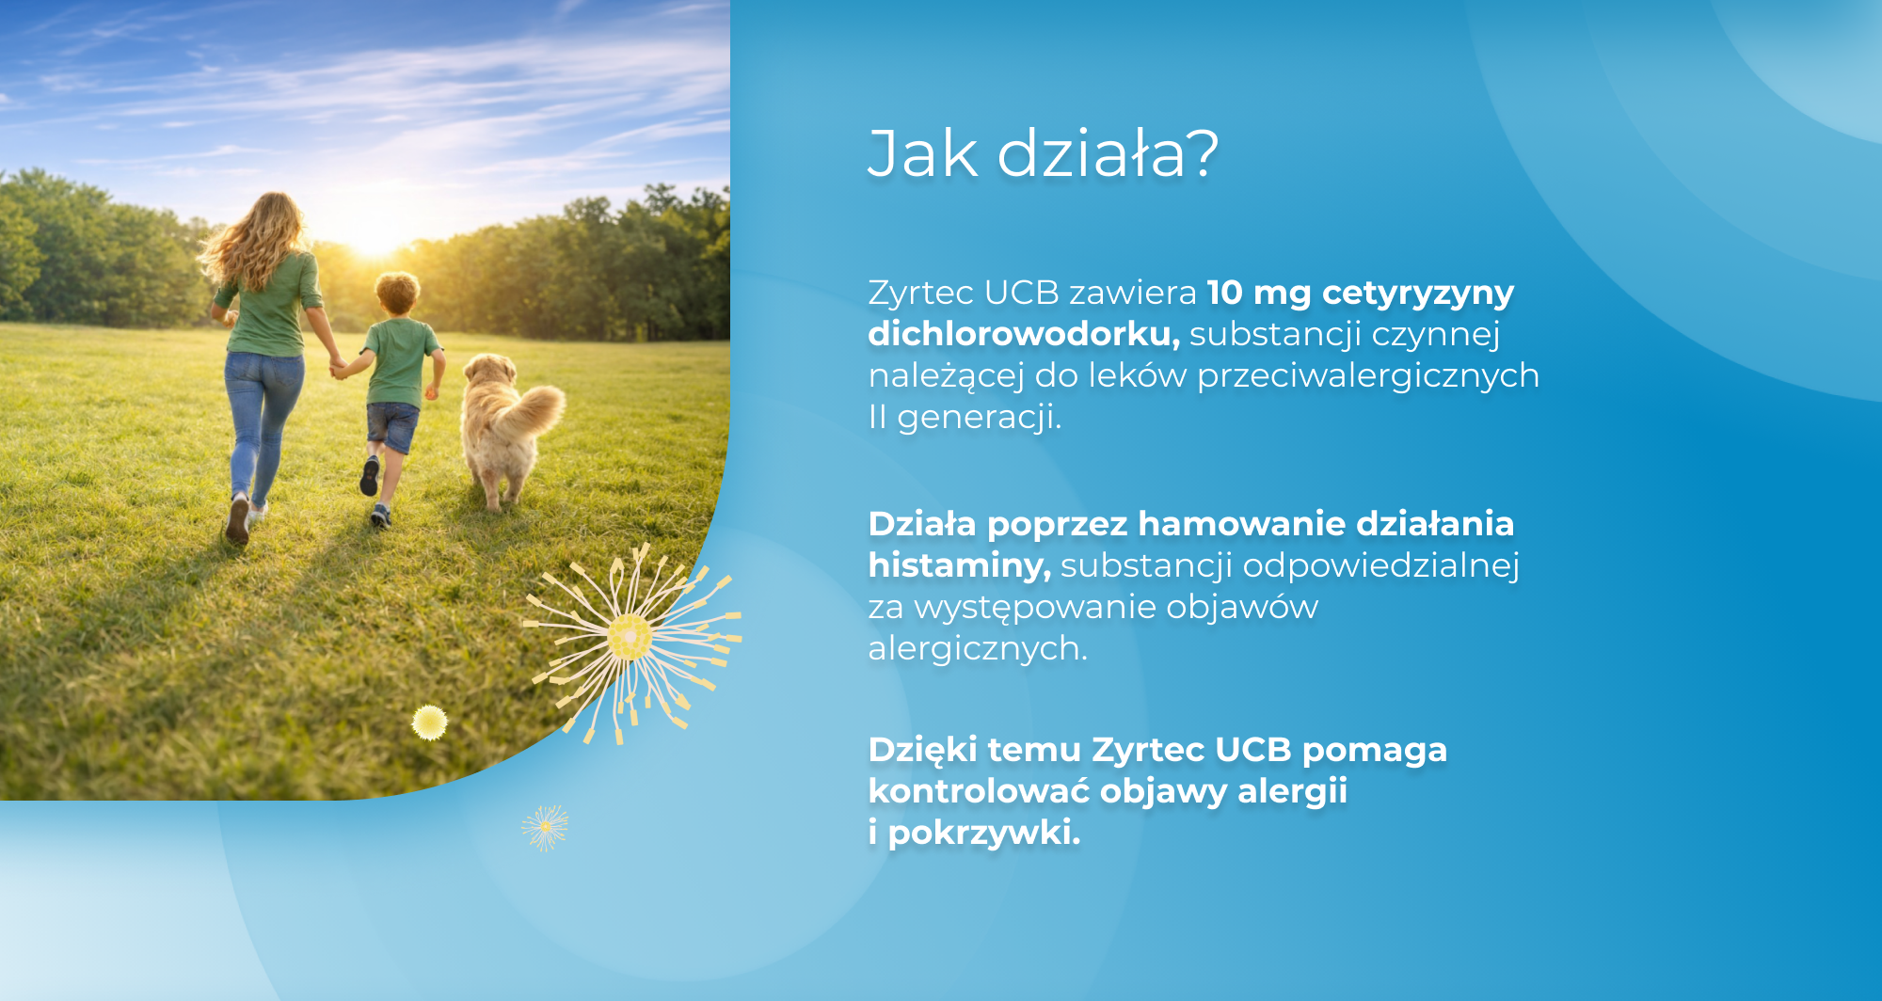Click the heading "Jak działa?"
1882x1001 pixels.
[1043, 153]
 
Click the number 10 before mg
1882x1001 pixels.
[1225, 293]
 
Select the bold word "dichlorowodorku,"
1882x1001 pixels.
[1024, 334]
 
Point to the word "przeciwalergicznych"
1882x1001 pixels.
[1368, 376]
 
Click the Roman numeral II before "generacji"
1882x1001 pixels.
[877, 417]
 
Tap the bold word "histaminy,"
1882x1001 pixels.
[959, 565]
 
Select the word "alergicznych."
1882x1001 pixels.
[978, 649]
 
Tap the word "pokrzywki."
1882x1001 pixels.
[984, 834]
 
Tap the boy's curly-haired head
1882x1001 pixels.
[397, 294]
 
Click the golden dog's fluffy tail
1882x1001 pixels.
[533, 411]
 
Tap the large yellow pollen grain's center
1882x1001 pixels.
[629, 638]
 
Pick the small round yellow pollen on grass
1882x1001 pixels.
[429, 723]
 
